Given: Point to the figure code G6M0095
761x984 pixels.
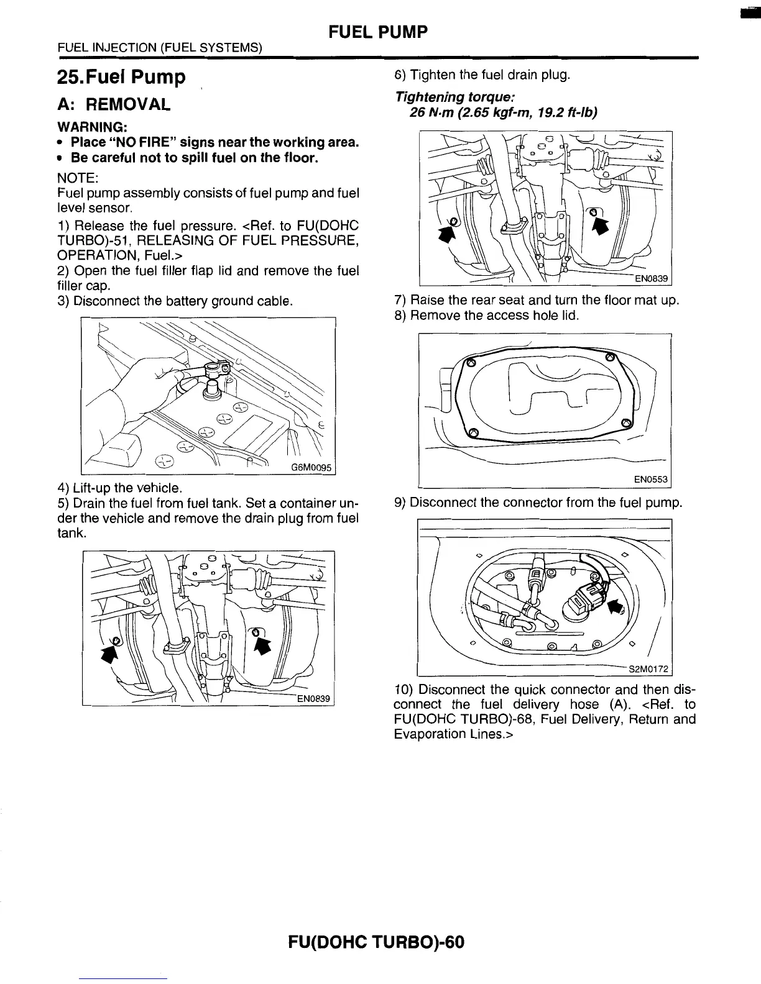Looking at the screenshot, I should tap(312, 468).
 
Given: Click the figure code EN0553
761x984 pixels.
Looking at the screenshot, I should tap(650, 480).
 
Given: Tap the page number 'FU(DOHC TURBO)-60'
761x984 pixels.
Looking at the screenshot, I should tap(376, 942).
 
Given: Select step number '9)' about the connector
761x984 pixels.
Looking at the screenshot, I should tap(401, 502).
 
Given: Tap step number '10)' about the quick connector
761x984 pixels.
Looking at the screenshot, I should tap(404, 690).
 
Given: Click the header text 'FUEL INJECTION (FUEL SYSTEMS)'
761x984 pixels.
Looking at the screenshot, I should tap(160, 47).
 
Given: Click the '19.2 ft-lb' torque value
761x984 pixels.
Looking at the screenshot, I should tap(566, 112).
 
